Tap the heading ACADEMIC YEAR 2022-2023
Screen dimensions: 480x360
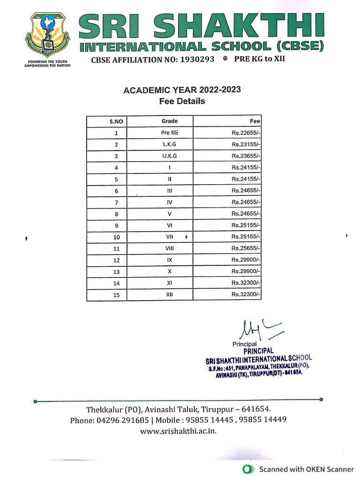[x=182, y=90]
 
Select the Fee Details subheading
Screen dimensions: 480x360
[x=182, y=101]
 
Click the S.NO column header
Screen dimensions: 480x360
[x=116, y=121]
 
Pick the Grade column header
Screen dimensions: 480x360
[x=169, y=121]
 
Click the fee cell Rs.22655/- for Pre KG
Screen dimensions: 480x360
[x=246, y=133]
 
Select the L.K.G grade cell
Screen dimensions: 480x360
[x=169, y=144]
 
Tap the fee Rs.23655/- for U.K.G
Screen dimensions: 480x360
[x=246, y=156]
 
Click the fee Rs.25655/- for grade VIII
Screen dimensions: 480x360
[x=246, y=248]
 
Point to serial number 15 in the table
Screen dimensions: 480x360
[x=116, y=295]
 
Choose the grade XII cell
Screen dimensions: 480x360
[x=169, y=294]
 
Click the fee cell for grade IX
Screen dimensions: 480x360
[x=246, y=260]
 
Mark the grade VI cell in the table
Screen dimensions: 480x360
[x=169, y=225]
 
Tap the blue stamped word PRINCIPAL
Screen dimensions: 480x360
[x=258, y=351]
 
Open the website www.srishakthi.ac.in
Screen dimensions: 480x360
[x=178, y=431]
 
